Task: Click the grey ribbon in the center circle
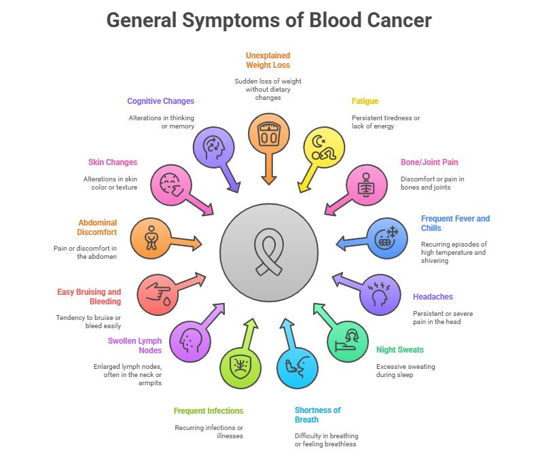pyautogui.click(x=269, y=253)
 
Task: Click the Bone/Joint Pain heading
pyautogui.click(x=429, y=162)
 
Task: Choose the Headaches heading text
pyautogui.click(x=433, y=297)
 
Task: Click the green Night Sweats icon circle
pyautogui.click(x=348, y=340)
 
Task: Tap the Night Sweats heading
pyautogui.click(x=400, y=350)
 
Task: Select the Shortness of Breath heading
pyautogui.click(x=318, y=414)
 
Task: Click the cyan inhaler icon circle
pyautogui.click(x=298, y=368)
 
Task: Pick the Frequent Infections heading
pyautogui.click(x=208, y=411)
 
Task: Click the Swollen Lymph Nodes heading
pyautogui.click(x=134, y=345)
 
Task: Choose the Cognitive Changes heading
pyautogui.click(x=160, y=101)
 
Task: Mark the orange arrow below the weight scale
pyautogui.click(x=269, y=170)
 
